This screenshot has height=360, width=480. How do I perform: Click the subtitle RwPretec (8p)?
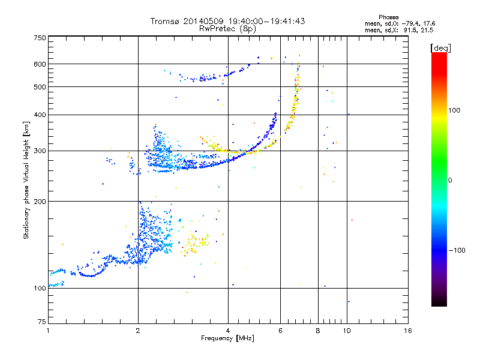tap(227, 29)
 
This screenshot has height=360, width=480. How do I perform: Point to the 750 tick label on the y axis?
tap(40, 38)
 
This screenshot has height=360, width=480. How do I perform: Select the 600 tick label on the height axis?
tap(40, 64)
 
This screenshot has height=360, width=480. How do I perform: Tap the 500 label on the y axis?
tap(40, 87)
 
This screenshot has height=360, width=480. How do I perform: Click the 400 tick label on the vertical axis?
tap(40, 115)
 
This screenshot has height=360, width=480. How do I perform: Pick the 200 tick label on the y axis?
tap(40, 202)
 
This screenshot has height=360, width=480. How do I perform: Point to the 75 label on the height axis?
tap(42, 322)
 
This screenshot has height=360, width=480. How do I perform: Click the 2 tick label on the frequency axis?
tap(138, 331)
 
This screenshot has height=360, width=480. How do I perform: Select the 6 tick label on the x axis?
tap(280, 331)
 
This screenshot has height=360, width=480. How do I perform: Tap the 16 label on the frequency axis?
tap(408, 331)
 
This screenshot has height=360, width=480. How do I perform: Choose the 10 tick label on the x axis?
tap(347, 331)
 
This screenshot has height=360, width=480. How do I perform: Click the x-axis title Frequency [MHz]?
tap(227, 338)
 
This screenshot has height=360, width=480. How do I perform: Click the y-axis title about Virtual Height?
tap(26, 180)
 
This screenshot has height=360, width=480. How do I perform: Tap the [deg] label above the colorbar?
tap(440, 49)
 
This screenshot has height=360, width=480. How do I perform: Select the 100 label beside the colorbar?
tap(454, 110)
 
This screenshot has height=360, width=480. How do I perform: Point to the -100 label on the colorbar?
tap(457, 250)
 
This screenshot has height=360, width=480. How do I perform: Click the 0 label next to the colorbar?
tap(450, 181)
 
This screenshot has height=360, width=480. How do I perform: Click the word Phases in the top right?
tap(389, 17)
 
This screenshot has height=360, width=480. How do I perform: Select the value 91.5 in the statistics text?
tap(410, 31)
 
